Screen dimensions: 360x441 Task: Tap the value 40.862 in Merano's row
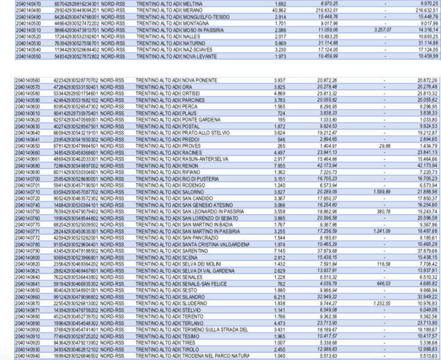coord(279,10)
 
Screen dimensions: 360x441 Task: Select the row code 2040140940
coord(26,355)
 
